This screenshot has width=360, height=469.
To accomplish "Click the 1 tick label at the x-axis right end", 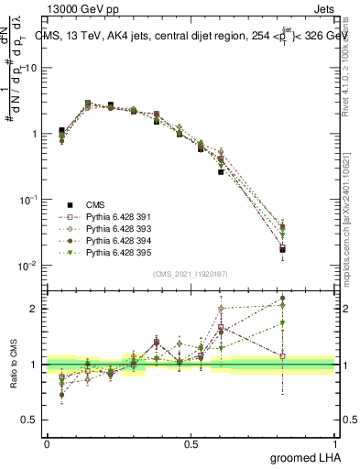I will coord(336,442).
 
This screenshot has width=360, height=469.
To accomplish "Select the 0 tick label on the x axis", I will coord(47,442).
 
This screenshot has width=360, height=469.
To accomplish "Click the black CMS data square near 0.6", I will coord(221,171).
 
